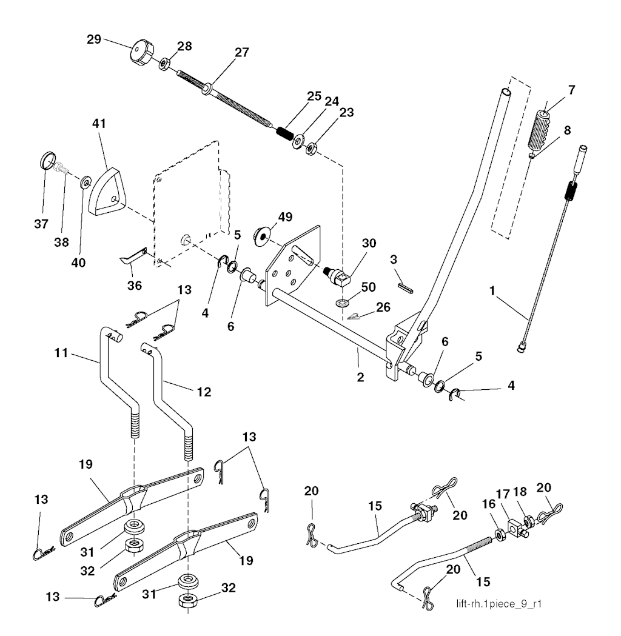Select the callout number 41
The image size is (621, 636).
[x=99, y=124]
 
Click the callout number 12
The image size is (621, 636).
[x=203, y=392]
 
